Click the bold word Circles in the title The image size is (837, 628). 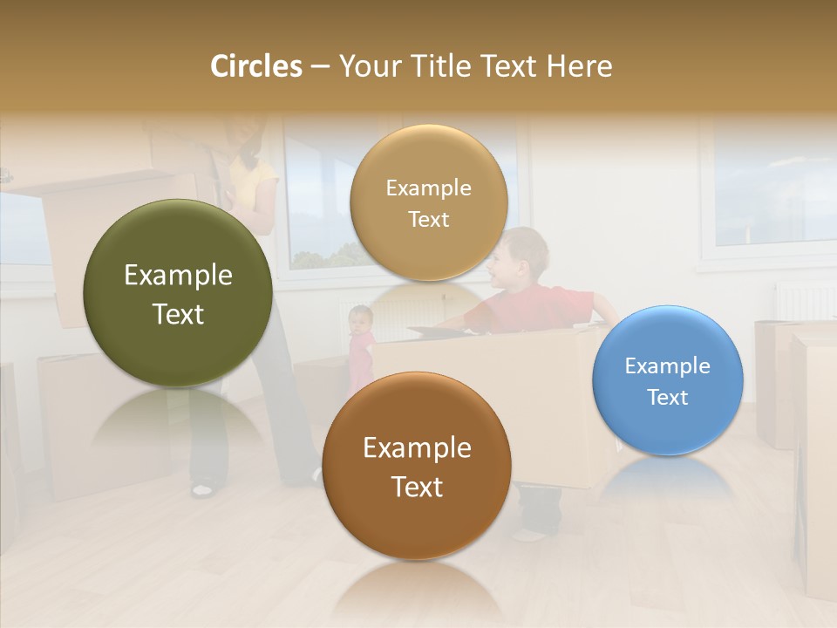pos(255,66)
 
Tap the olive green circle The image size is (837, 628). pos(178,293)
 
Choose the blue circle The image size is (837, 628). pos(667,380)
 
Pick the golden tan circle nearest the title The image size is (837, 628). pos(428,202)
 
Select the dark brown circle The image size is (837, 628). pos(417,466)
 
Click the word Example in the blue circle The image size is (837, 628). pos(667,365)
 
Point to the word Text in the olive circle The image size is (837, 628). pos(178,314)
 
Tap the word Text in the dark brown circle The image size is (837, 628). pos(417,487)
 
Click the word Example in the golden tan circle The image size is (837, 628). pos(428,188)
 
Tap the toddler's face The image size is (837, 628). pos(359,319)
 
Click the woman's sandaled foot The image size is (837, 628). pos(202,489)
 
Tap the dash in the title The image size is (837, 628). pos(319,66)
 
